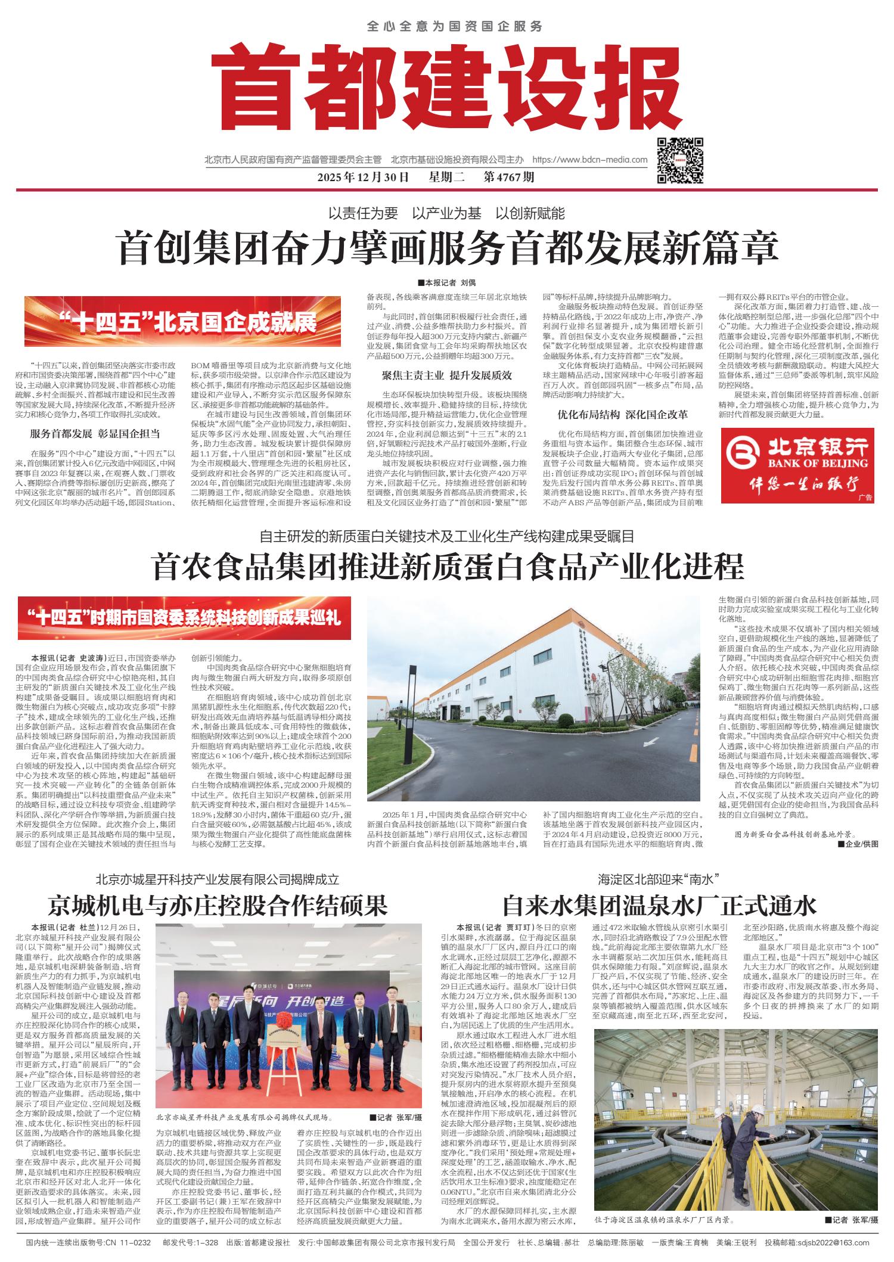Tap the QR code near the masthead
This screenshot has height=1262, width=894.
[680, 160]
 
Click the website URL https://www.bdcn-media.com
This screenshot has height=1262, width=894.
[589, 160]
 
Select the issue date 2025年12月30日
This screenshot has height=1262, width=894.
[363, 177]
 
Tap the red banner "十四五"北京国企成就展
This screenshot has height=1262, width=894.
[182, 322]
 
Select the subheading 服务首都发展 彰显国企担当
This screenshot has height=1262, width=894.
[95, 434]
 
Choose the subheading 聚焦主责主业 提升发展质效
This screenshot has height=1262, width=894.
[447, 376]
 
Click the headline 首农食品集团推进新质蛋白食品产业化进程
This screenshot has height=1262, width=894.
[449, 567]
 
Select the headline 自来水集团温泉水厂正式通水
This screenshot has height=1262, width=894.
[659, 906]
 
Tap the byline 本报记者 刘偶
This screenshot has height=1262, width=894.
[447, 282]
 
